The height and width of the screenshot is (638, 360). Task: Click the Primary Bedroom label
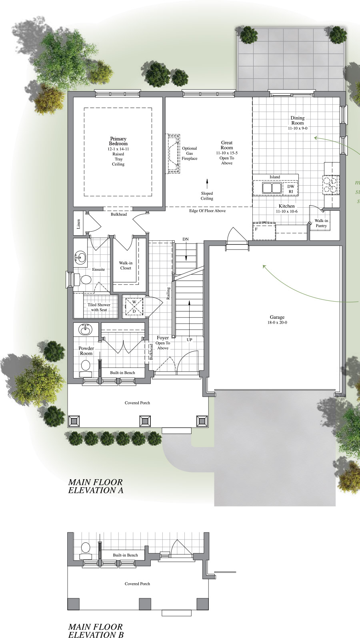tap(118, 141)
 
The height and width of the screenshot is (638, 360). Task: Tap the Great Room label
tap(227, 145)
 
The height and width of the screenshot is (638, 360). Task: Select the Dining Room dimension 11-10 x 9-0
tap(298, 128)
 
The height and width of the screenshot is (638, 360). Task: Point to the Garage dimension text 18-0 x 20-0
tap(277, 322)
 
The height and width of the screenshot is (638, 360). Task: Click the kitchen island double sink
tap(272, 188)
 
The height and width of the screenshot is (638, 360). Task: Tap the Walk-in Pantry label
tap(321, 223)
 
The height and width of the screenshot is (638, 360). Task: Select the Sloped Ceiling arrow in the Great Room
tap(207, 184)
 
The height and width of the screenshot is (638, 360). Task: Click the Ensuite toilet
tap(85, 279)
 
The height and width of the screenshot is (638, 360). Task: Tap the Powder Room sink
tap(85, 330)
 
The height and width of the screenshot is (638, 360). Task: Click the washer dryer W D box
tap(134, 307)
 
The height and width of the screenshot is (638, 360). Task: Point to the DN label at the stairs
tap(186, 239)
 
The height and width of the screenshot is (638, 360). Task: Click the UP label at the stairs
tap(189, 340)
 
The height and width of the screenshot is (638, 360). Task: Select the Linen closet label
tap(78, 224)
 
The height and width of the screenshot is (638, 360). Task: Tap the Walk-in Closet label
tap(126, 266)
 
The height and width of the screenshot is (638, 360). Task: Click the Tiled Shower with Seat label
tap(99, 307)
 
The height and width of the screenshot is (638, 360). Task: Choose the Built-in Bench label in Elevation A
tap(122, 373)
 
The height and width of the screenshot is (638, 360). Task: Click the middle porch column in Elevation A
tap(145, 420)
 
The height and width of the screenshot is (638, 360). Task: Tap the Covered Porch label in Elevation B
tap(137, 584)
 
